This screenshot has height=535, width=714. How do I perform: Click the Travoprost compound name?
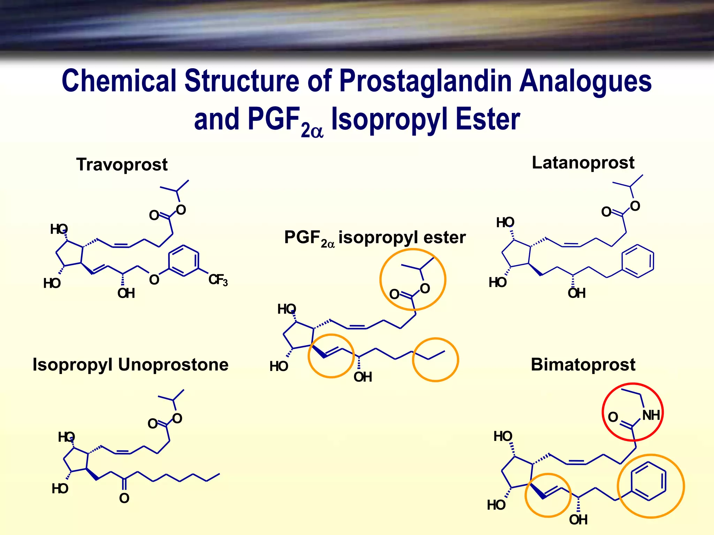coord(122,165)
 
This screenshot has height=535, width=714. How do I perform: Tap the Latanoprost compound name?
coord(583,163)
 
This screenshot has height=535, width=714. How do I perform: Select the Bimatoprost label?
coord(583,365)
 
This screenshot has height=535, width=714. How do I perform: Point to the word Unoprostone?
coord(173,365)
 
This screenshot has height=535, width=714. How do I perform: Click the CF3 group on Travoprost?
coord(218,280)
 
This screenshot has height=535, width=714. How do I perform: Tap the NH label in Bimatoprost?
coord(651,415)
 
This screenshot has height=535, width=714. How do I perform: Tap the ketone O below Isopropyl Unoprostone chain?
coord(124,498)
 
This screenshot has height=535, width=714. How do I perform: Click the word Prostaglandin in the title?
coord(425,81)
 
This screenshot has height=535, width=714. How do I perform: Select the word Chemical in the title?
coord(119,81)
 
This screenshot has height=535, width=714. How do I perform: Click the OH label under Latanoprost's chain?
coord(577,293)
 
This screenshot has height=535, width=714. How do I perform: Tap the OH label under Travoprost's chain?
coord(126,293)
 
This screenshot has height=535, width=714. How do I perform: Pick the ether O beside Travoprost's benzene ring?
coord(154,280)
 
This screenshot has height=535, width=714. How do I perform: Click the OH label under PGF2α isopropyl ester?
coord(363,377)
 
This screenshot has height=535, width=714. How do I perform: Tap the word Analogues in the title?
coord(586,81)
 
